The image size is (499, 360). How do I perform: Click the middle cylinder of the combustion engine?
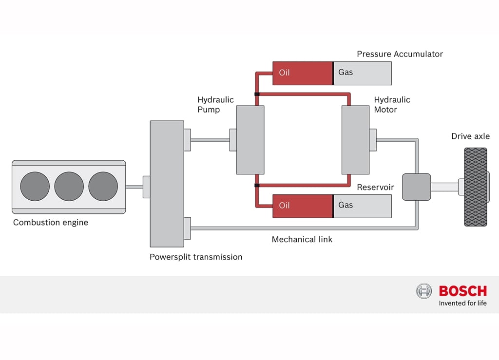69,187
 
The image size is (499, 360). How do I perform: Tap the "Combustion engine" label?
51,222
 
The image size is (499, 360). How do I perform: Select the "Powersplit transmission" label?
196,257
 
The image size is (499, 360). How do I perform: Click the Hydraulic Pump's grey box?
250,140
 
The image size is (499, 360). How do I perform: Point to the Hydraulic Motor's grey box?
355,140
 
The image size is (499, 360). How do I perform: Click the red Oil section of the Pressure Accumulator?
303,73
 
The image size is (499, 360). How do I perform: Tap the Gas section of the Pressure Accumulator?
363,73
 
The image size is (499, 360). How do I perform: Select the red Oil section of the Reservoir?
303,206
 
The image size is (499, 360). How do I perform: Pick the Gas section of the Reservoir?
363,206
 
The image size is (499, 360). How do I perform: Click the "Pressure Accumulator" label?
400,54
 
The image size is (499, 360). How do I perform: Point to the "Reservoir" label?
376,187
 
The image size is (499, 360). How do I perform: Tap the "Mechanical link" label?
302,239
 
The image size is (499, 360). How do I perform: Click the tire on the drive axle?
476,187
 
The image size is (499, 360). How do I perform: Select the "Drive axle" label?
470,136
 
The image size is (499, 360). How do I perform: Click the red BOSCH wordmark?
463,291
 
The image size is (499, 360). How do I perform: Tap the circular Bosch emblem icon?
424,291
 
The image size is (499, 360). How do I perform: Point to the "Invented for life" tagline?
463,303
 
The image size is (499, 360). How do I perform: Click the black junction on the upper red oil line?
257,94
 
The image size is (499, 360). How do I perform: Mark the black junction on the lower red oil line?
257,186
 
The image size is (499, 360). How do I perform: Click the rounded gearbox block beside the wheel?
417,187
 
